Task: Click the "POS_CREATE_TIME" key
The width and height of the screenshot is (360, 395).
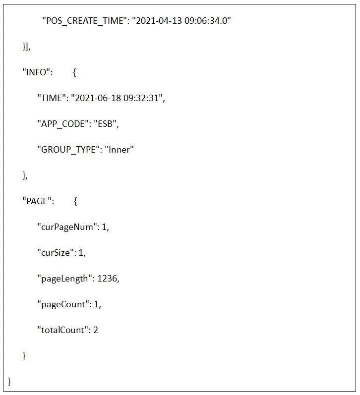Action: point(84,21)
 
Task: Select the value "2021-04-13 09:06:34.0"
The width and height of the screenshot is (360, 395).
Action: point(182,21)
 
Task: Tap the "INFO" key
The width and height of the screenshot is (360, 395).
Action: point(37,72)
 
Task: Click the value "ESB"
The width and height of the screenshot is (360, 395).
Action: point(109,124)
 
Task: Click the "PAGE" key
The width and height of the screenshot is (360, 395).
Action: point(38,201)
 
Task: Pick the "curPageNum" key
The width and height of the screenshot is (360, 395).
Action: point(68,227)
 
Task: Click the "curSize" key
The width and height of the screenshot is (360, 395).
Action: point(57,253)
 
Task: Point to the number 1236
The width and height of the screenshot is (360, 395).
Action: point(107,279)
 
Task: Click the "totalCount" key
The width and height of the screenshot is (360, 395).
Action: point(62,330)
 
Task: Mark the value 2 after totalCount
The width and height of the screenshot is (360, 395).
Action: point(96,330)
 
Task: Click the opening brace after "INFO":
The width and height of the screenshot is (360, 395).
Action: point(74,72)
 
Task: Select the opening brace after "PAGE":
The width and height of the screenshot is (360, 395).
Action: point(75,201)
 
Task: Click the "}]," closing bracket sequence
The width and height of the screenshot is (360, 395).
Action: point(26,47)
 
